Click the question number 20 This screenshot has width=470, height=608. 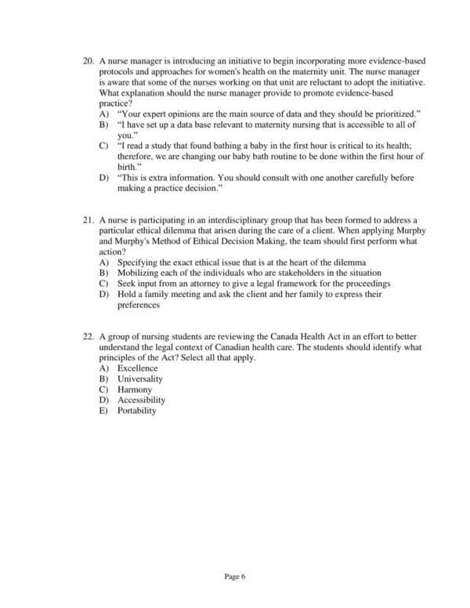coord(88,60)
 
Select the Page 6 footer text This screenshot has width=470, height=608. coord(235,577)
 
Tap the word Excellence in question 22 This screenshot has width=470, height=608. coord(137,368)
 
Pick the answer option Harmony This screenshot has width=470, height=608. coord(135,389)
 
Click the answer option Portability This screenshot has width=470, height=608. coord(137,411)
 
